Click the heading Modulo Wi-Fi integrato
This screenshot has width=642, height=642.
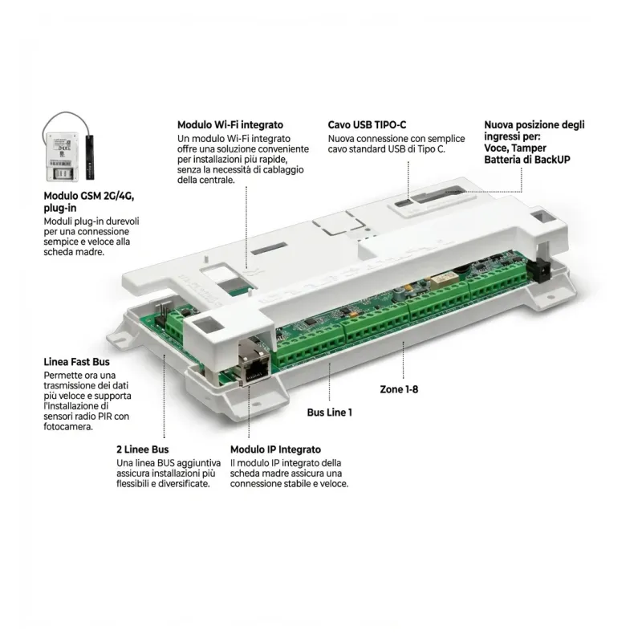230,125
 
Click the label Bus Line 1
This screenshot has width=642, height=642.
329,412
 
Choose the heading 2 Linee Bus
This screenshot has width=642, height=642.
142,450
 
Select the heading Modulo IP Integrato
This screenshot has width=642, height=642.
275,450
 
